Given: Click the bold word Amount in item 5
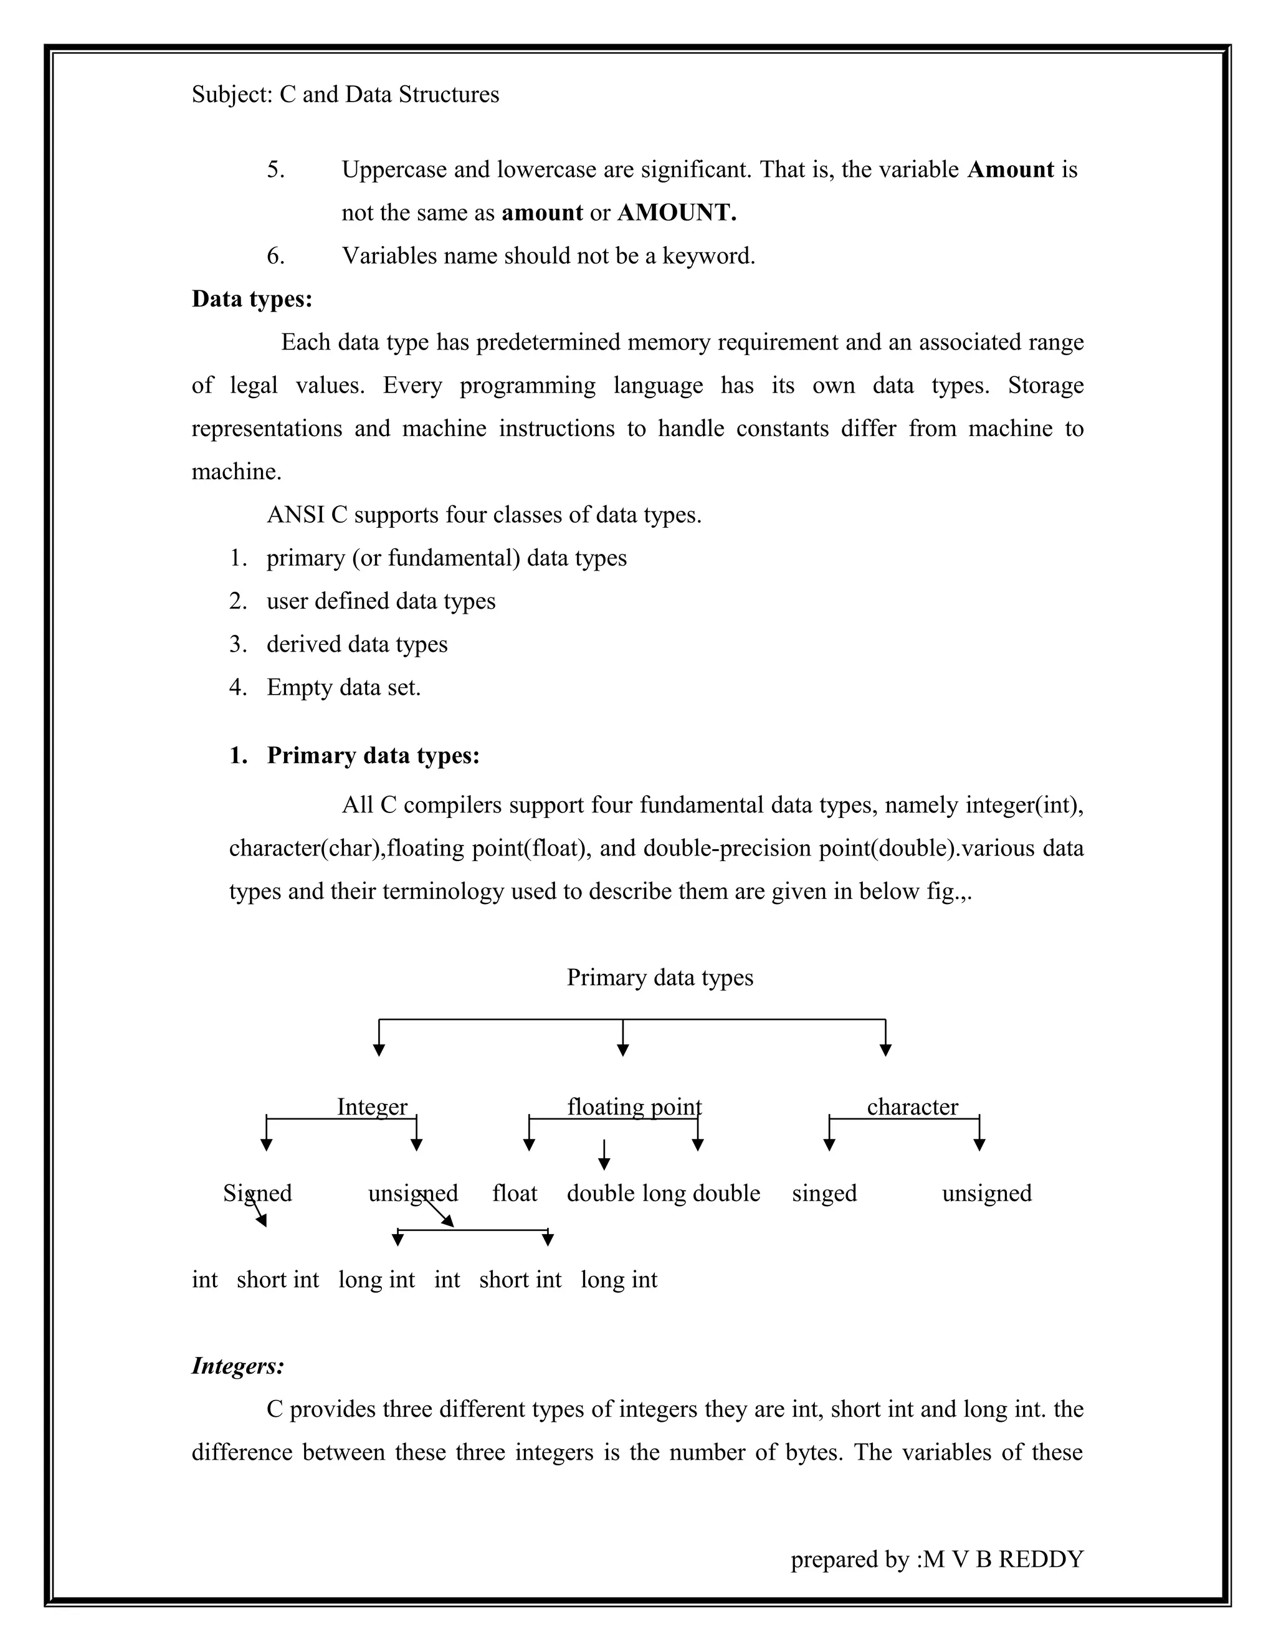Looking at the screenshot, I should (1010, 169).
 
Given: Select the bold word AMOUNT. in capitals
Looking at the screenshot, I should (677, 212).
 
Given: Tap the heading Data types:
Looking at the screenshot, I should (252, 298).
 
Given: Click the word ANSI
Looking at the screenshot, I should (295, 515).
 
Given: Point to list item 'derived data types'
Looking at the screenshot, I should (357, 644).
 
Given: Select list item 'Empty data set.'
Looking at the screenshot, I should (343, 687).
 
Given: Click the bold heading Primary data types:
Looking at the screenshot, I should (373, 755).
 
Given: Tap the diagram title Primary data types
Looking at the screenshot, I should (659, 978).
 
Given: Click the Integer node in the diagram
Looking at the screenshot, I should (372, 1106).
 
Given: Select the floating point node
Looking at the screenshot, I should (634, 1106).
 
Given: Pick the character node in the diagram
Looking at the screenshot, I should (912, 1106).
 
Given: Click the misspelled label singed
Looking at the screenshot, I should (824, 1193).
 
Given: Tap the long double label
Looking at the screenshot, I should (701, 1193).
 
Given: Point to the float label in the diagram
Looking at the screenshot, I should (514, 1193).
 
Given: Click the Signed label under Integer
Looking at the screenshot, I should (257, 1193).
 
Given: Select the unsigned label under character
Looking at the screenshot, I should (986, 1193).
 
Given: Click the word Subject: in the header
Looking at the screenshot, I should (231, 95).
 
